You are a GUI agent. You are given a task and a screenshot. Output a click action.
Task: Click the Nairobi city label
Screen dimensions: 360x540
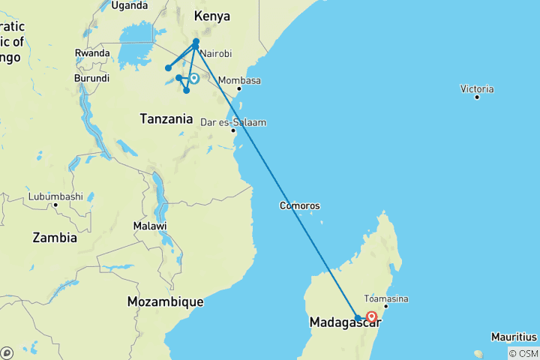[x=215, y=54]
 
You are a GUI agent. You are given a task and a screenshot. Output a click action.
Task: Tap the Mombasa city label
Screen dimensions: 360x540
[x=241, y=81]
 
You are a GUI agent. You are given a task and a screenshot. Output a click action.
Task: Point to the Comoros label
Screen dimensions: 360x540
[x=300, y=205]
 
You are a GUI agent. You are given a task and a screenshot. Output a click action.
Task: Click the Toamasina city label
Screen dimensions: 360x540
[x=385, y=298]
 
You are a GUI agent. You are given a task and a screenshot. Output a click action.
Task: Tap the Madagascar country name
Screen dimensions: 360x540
[x=345, y=322]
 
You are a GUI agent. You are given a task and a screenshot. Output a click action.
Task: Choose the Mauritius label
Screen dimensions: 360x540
[x=514, y=336]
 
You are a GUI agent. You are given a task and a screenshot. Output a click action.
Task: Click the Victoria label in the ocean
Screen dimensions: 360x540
[x=477, y=88]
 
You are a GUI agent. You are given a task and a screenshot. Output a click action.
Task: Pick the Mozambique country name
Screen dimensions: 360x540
[x=165, y=301]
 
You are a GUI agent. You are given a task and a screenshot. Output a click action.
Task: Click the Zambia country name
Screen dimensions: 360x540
[x=55, y=238]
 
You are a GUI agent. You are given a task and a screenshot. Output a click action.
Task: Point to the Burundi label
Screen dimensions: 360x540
[x=91, y=78]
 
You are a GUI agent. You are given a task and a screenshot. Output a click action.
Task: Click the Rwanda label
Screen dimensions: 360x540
[x=92, y=52]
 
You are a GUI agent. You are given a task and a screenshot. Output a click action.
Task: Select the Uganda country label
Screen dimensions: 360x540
[x=130, y=5]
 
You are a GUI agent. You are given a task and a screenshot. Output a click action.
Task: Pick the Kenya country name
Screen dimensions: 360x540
[x=211, y=16]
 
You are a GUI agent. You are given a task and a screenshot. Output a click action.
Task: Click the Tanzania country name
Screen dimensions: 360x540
[x=166, y=118]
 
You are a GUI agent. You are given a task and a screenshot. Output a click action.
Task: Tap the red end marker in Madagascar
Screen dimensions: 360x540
[x=371, y=316]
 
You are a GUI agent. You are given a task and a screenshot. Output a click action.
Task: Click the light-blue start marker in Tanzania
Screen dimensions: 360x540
[x=193, y=78]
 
